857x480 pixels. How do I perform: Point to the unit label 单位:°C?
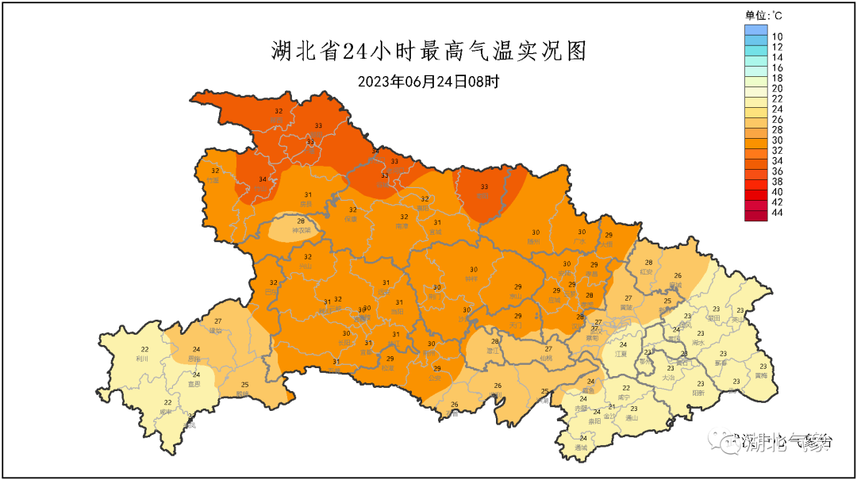(x=764, y=14)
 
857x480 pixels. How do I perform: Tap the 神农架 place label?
(x=300, y=231)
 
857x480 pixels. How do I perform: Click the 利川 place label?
(x=144, y=359)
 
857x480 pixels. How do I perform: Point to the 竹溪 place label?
(x=213, y=180)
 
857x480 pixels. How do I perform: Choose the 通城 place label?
(x=582, y=447)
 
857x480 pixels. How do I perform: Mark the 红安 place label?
(x=648, y=271)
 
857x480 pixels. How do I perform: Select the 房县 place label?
(x=306, y=204)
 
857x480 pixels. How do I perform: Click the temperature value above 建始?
(x=217, y=321)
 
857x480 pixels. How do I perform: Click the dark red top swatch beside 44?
(x=756, y=213)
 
